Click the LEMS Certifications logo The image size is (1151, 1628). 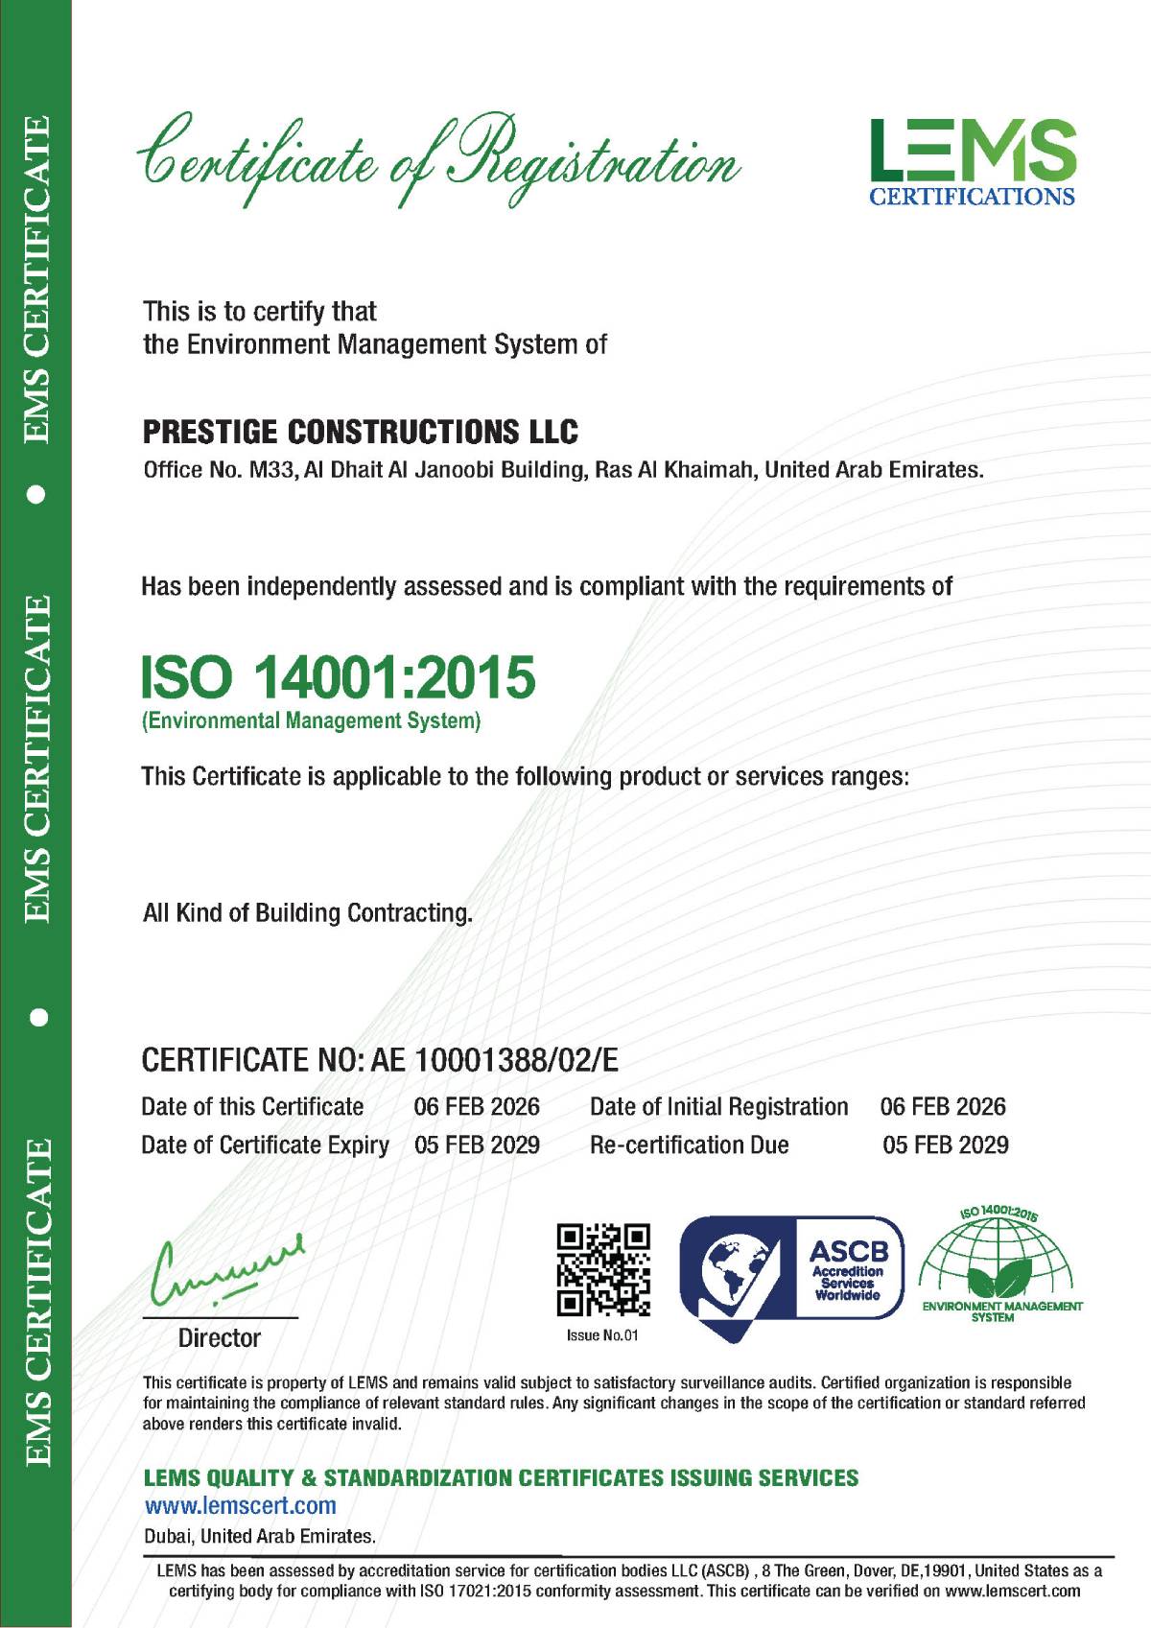click(972, 161)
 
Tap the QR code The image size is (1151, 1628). click(603, 1269)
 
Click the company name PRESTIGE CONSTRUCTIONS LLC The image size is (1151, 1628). click(360, 433)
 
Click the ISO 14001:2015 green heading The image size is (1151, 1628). click(338, 677)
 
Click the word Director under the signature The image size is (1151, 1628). click(220, 1338)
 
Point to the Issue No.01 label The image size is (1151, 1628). click(602, 1335)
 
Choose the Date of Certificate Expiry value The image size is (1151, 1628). click(477, 1144)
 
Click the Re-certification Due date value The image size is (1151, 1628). click(945, 1144)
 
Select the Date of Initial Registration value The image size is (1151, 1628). click(943, 1106)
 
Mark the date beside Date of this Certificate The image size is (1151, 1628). click(477, 1106)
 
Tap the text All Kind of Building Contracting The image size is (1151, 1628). click(307, 912)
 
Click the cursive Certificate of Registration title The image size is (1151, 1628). click(439, 158)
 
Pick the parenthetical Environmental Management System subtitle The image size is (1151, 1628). click(311, 720)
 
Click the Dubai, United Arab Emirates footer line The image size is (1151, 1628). click(259, 1536)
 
